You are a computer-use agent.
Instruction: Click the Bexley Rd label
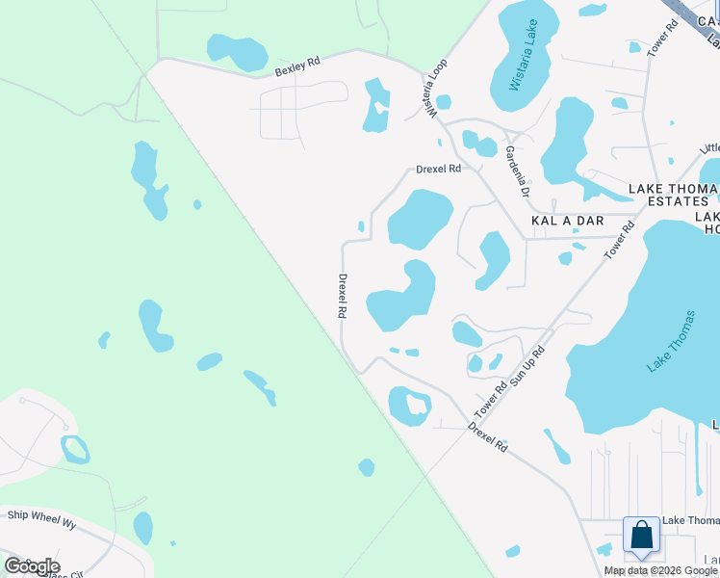pos(296,69)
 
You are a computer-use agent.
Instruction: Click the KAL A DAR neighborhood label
pos(567,221)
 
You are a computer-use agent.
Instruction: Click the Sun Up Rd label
pos(527,367)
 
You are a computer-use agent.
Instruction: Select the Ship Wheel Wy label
pos(41,516)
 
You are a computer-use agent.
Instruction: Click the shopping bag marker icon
pos(641,536)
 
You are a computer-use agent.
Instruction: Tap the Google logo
pos(32,566)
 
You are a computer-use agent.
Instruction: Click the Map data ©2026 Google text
pos(660,570)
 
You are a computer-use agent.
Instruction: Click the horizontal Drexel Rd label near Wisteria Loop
pos(439,169)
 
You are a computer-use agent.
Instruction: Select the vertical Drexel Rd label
pos(342,296)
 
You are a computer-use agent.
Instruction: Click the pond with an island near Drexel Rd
pos(410,405)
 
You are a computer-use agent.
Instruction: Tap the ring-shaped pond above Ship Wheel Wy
pos(74,449)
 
